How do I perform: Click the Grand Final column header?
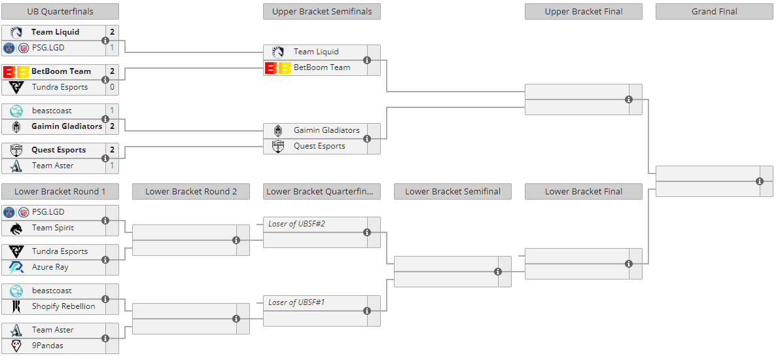[714, 11]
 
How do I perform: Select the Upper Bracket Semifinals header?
[322, 11]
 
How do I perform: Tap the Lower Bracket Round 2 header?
[191, 192]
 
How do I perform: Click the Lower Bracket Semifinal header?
[453, 192]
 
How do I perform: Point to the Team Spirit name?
[52, 228]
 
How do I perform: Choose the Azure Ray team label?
[50, 267]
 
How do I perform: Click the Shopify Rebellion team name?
[63, 306]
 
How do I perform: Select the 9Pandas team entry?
[48, 346]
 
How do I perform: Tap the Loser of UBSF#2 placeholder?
[296, 224]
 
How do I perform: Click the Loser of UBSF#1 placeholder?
[296, 302]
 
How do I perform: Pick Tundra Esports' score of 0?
[112, 87]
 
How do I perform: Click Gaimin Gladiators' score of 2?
[112, 126]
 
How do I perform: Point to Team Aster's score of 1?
[112, 166]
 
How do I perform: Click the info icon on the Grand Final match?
[760, 181]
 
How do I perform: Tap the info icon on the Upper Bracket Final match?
[629, 99]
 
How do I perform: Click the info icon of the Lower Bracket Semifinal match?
[498, 272]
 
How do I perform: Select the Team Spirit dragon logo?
[16, 228]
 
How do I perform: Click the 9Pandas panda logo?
[16, 346]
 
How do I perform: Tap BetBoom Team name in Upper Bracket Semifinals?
[322, 67]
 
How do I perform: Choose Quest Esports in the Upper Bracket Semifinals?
[319, 146]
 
